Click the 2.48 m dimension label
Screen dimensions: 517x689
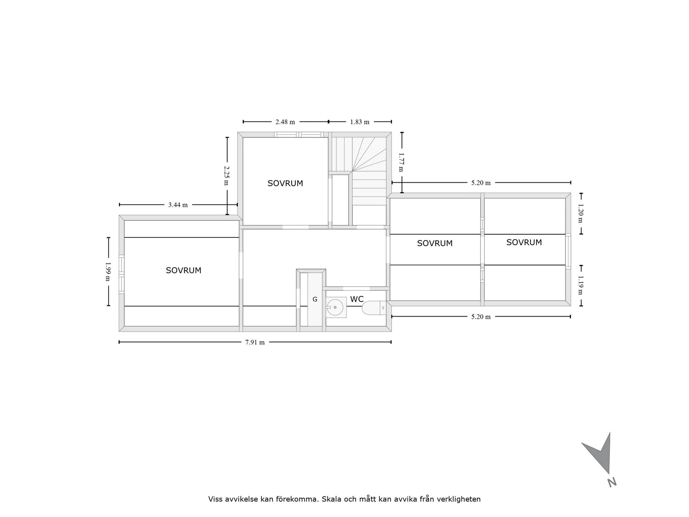click(285, 122)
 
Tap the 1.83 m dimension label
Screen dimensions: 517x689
click(360, 122)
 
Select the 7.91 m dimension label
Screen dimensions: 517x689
click(255, 343)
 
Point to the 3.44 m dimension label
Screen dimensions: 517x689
click(178, 205)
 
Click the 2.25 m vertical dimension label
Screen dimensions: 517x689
click(227, 176)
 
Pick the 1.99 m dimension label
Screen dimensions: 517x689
click(108, 272)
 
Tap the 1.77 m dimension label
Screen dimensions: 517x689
click(401, 162)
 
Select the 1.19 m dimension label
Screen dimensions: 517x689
click(580, 285)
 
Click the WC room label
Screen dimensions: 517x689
click(357, 299)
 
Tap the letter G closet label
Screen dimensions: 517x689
click(315, 299)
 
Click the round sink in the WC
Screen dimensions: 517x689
click(335, 307)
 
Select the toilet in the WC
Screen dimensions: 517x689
click(373, 308)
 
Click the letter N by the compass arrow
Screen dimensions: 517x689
click(611, 482)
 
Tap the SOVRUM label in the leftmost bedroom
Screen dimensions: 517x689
click(183, 271)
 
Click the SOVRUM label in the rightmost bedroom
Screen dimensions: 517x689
click(524, 243)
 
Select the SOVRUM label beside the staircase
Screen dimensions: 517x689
click(285, 184)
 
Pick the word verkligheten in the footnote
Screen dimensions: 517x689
click(458, 499)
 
